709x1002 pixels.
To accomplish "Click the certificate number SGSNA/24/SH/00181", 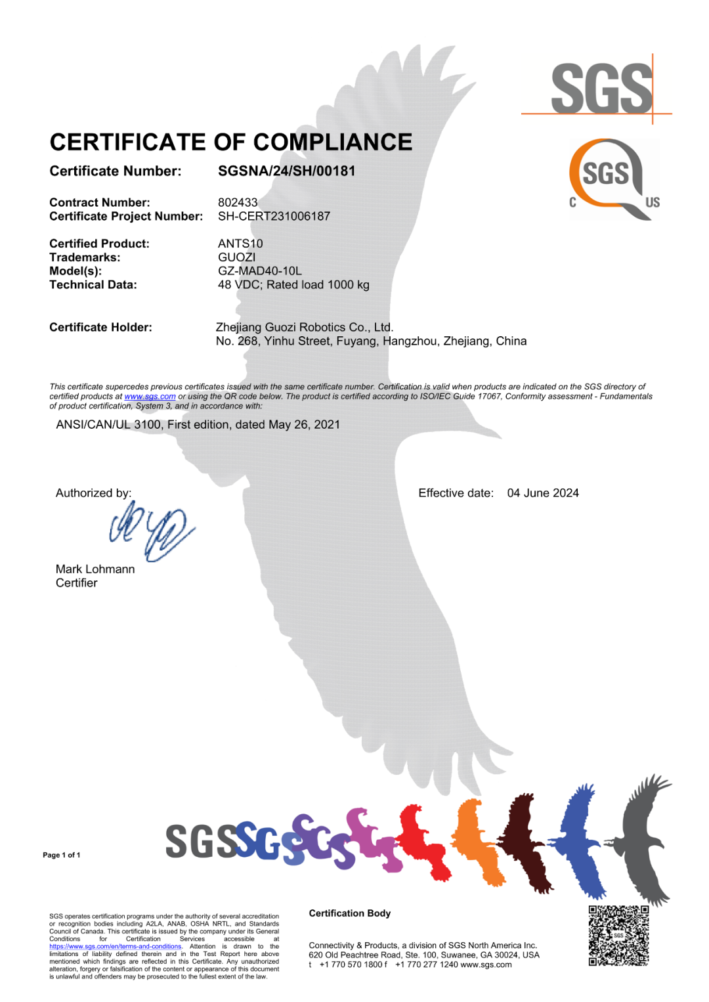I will coord(286,171).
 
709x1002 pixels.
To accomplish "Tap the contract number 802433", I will coord(238,202).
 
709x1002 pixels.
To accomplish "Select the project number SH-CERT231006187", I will coord(274,216).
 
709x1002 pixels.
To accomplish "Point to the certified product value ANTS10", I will coord(240,244).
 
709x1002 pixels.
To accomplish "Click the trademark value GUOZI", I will coord(236,257).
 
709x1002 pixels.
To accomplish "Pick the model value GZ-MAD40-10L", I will coord(259,271).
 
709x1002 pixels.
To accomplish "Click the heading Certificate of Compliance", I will coord(230,142).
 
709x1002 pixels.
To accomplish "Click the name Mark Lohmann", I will coord(95,569).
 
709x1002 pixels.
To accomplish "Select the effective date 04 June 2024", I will coord(542,493).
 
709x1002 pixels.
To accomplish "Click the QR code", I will coord(618,936).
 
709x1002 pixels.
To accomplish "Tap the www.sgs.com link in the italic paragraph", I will coord(150,397).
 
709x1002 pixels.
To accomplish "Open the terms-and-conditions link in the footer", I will coord(115,947).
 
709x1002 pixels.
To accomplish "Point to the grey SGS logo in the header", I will coord(601,89).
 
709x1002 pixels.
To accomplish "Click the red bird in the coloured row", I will coord(424,840).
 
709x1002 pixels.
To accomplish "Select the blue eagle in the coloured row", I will coord(580,840).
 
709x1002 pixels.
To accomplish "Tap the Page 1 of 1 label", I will coord(62,855).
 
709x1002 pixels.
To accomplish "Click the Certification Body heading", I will coord(349,913).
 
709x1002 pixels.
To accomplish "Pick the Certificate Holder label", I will coord(100,328).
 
